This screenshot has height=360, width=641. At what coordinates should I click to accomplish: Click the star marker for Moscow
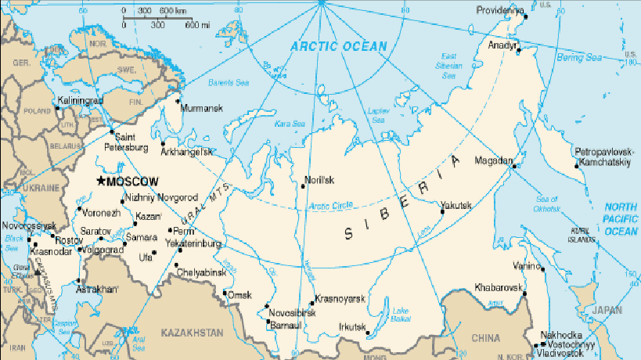100,181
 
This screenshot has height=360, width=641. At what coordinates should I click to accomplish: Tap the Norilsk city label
319,180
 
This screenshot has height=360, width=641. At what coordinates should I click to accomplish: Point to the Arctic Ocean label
338,46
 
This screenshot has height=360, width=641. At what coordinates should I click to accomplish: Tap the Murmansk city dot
178,100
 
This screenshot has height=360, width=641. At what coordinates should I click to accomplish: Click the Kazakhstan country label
192,333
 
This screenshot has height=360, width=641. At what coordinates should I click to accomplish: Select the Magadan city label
492,162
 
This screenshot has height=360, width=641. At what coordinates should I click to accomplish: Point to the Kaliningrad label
81,101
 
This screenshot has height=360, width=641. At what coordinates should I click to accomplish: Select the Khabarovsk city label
498,288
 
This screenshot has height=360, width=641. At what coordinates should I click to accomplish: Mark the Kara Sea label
289,124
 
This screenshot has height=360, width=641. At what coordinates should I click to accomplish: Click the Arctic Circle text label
331,206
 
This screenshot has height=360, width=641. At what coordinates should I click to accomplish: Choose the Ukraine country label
39,189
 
